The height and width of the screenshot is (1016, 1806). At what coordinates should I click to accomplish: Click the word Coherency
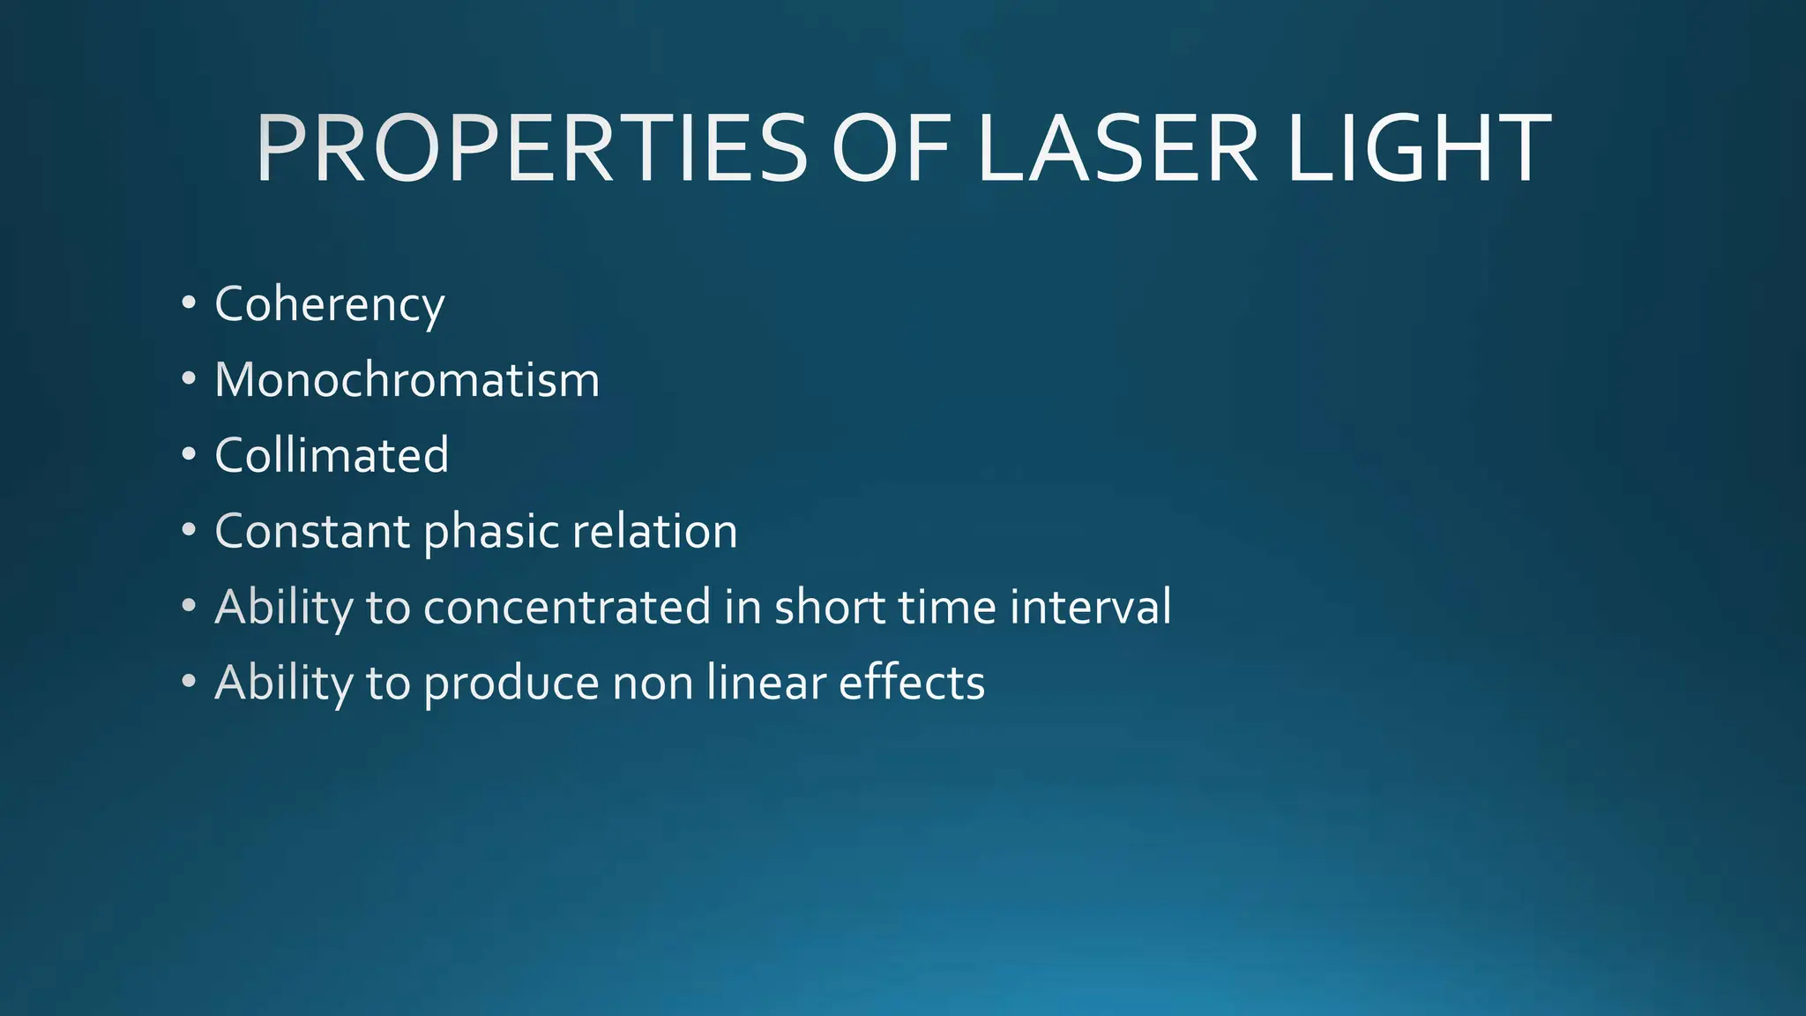tap(329, 304)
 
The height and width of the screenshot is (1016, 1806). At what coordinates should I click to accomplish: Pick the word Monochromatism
tap(407, 380)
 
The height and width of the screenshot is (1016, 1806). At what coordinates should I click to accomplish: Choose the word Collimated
tap(332, 455)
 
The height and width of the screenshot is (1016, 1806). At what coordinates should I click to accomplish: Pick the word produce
tap(511, 684)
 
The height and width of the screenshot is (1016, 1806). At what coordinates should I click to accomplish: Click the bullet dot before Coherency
tap(188, 303)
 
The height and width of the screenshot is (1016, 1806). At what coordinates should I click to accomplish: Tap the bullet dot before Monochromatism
tap(188, 379)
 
